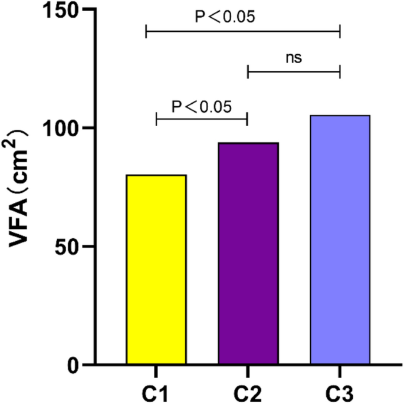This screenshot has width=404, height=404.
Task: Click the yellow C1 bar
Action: tap(156, 270)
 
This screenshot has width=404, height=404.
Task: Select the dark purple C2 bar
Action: tap(248, 254)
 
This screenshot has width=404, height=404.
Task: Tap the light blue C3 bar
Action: tap(340, 240)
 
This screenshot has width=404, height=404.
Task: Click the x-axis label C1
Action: tap(156, 391)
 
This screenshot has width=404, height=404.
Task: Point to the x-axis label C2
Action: tap(248, 391)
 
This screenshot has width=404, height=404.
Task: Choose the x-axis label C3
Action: tap(340, 391)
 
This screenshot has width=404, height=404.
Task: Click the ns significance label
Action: tap(294, 58)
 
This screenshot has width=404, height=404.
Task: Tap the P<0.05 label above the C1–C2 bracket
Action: tap(202, 107)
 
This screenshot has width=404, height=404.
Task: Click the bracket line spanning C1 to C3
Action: tap(243, 30)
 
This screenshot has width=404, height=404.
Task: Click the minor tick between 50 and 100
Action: tap(93, 188)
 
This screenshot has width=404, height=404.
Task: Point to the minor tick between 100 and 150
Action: tap(93, 69)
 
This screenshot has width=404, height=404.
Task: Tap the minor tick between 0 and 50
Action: tap(93, 306)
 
